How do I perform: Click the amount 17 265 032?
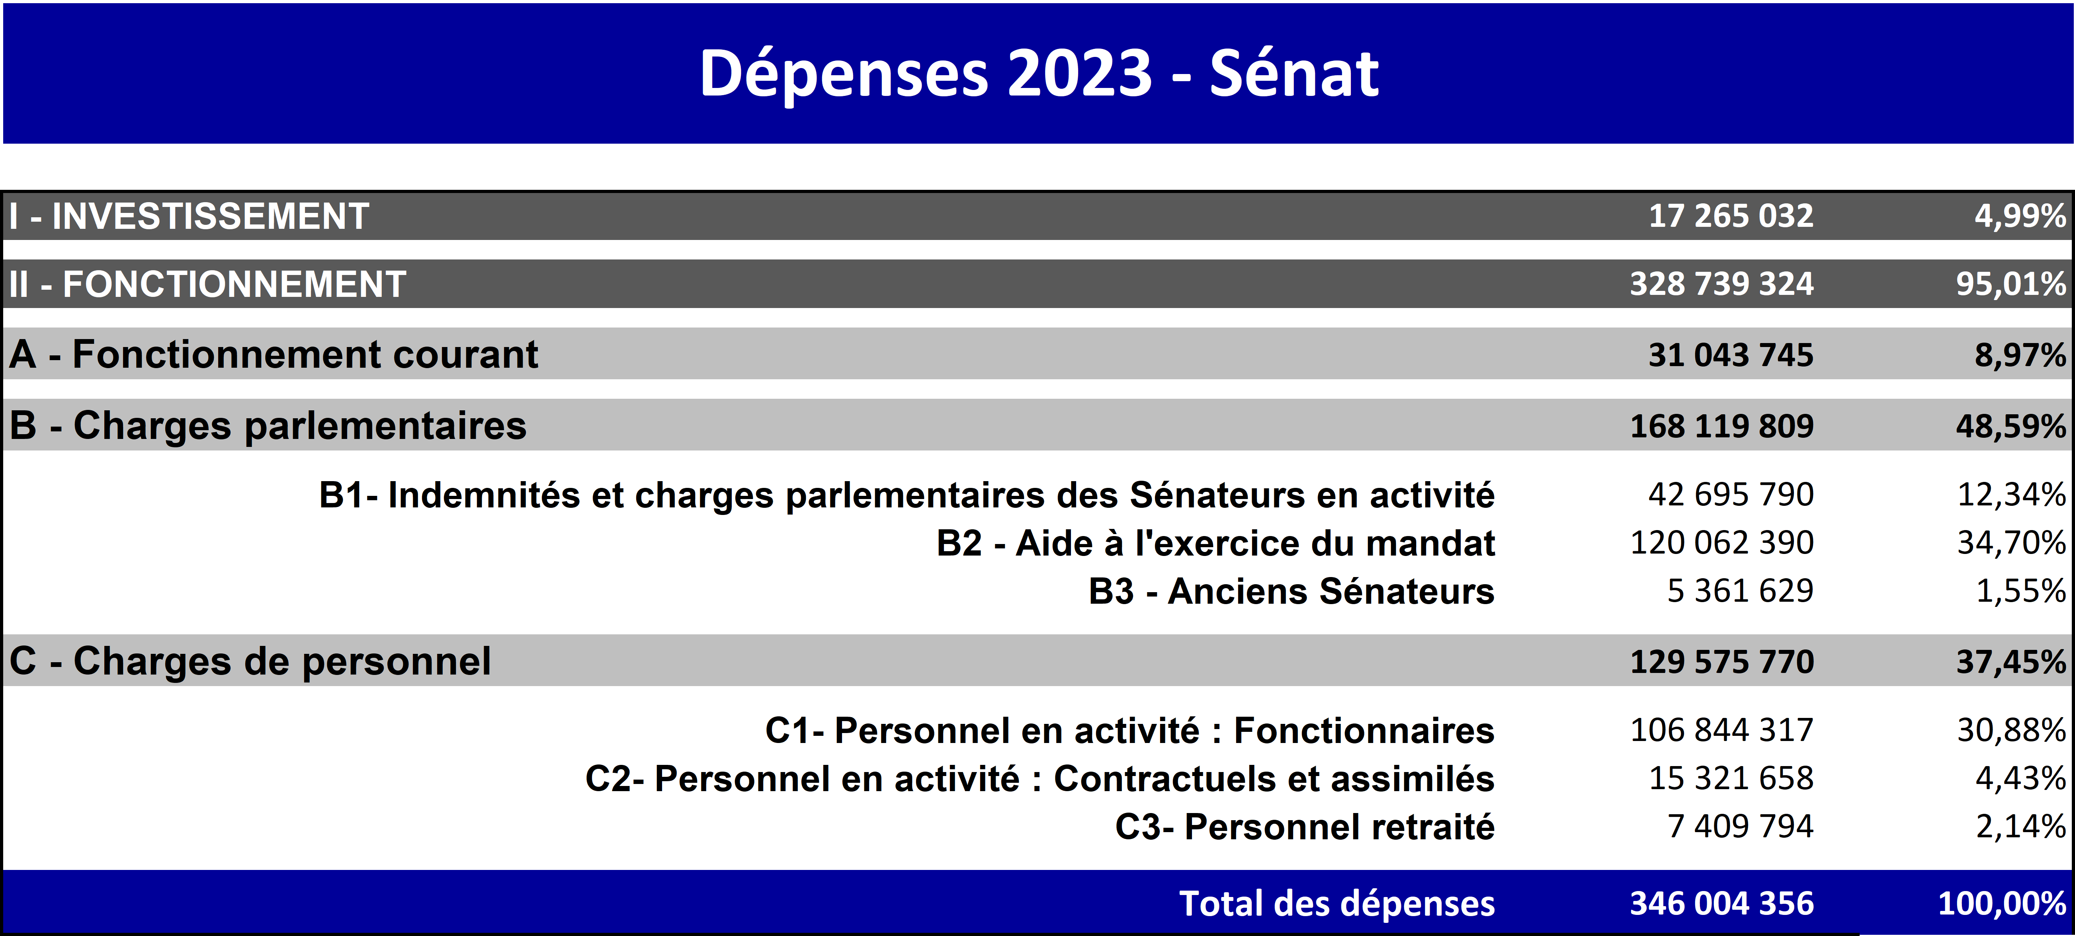tap(1731, 216)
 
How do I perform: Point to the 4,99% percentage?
tap(2020, 216)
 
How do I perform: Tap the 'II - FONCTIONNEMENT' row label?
tap(207, 283)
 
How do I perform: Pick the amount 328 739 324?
tap(1722, 283)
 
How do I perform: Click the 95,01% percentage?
tap(2011, 283)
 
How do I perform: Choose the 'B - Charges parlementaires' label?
tap(268, 425)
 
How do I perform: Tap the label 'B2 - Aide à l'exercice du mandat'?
tap(1215, 543)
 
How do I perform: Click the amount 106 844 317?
tap(1722, 730)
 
